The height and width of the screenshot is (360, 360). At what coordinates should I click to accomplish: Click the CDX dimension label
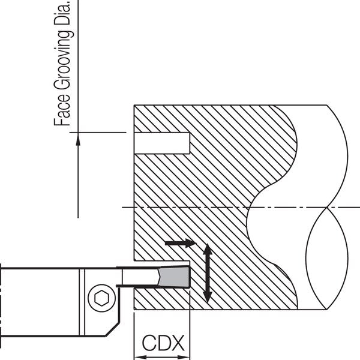(x=163, y=343)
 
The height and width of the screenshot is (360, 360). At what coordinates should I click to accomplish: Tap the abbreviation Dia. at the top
(x=62, y=13)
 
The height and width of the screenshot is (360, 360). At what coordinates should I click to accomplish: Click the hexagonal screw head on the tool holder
(x=102, y=298)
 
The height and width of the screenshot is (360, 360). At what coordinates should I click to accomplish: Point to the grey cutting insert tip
(x=175, y=276)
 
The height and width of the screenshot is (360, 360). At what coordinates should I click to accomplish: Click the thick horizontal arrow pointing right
(x=181, y=243)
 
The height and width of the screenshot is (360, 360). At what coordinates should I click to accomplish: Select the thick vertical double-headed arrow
(x=208, y=273)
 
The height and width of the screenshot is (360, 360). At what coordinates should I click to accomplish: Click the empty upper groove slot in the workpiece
(x=162, y=143)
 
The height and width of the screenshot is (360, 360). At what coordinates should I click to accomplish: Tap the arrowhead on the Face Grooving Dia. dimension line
(x=78, y=139)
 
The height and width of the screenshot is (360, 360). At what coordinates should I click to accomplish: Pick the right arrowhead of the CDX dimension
(x=184, y=357)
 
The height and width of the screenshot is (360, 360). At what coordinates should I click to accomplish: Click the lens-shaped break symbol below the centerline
(x=327, y=258)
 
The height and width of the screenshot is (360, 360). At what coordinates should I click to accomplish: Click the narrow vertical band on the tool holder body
(x=82, y=302)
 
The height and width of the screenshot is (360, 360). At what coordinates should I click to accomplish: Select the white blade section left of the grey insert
(x=140, y=277)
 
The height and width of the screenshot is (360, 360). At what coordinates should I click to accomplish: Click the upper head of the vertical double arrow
(x=208, y=248)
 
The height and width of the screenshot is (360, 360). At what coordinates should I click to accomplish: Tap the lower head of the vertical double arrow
(x=208, y=298)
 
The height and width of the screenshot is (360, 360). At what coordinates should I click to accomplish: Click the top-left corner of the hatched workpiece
(x=134, y=105)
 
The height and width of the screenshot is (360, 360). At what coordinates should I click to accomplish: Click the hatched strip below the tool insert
(x=162, y=298)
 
